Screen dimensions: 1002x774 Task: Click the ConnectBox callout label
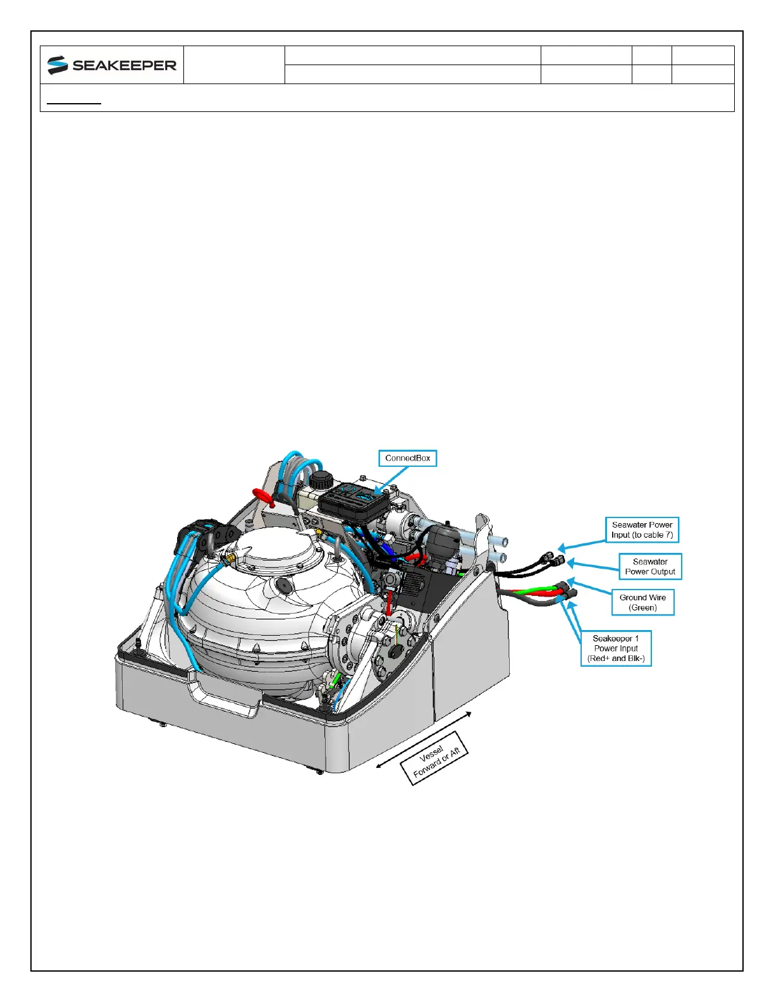(x=407, y=458)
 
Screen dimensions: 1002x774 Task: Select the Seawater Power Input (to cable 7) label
(x=642, y=529)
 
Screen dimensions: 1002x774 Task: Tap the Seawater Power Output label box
(x=650, y=566)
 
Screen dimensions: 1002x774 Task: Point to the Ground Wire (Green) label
(x=642, y=602)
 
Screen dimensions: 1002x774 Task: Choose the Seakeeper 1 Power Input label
(x=616, y=648)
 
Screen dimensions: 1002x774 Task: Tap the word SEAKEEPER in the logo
(x=124, y=65)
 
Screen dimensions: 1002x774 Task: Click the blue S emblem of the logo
(x=58, y=65)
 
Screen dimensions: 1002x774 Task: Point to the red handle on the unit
(x=262, y=497)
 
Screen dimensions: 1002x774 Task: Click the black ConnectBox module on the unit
(x=349, y=500)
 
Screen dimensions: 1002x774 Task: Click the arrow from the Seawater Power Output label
(x=591, y=564)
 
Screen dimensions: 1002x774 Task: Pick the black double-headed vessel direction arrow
(x=424, y=739)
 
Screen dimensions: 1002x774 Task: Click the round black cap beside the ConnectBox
(x=321, y=478)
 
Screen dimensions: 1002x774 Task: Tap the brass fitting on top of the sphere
(x=228, y=558)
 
